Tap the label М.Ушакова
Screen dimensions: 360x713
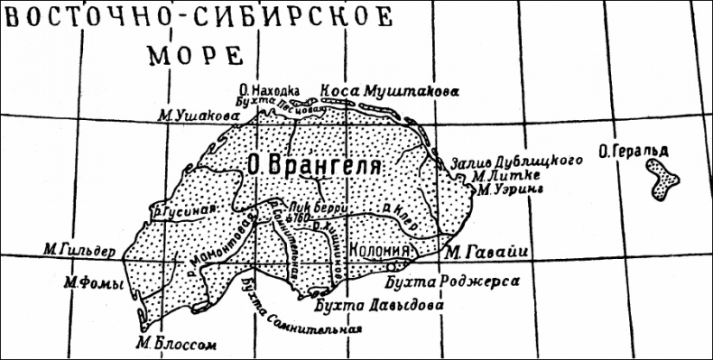(x=191, y=114)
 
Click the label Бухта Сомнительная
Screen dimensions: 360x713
(x=302, y=313)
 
